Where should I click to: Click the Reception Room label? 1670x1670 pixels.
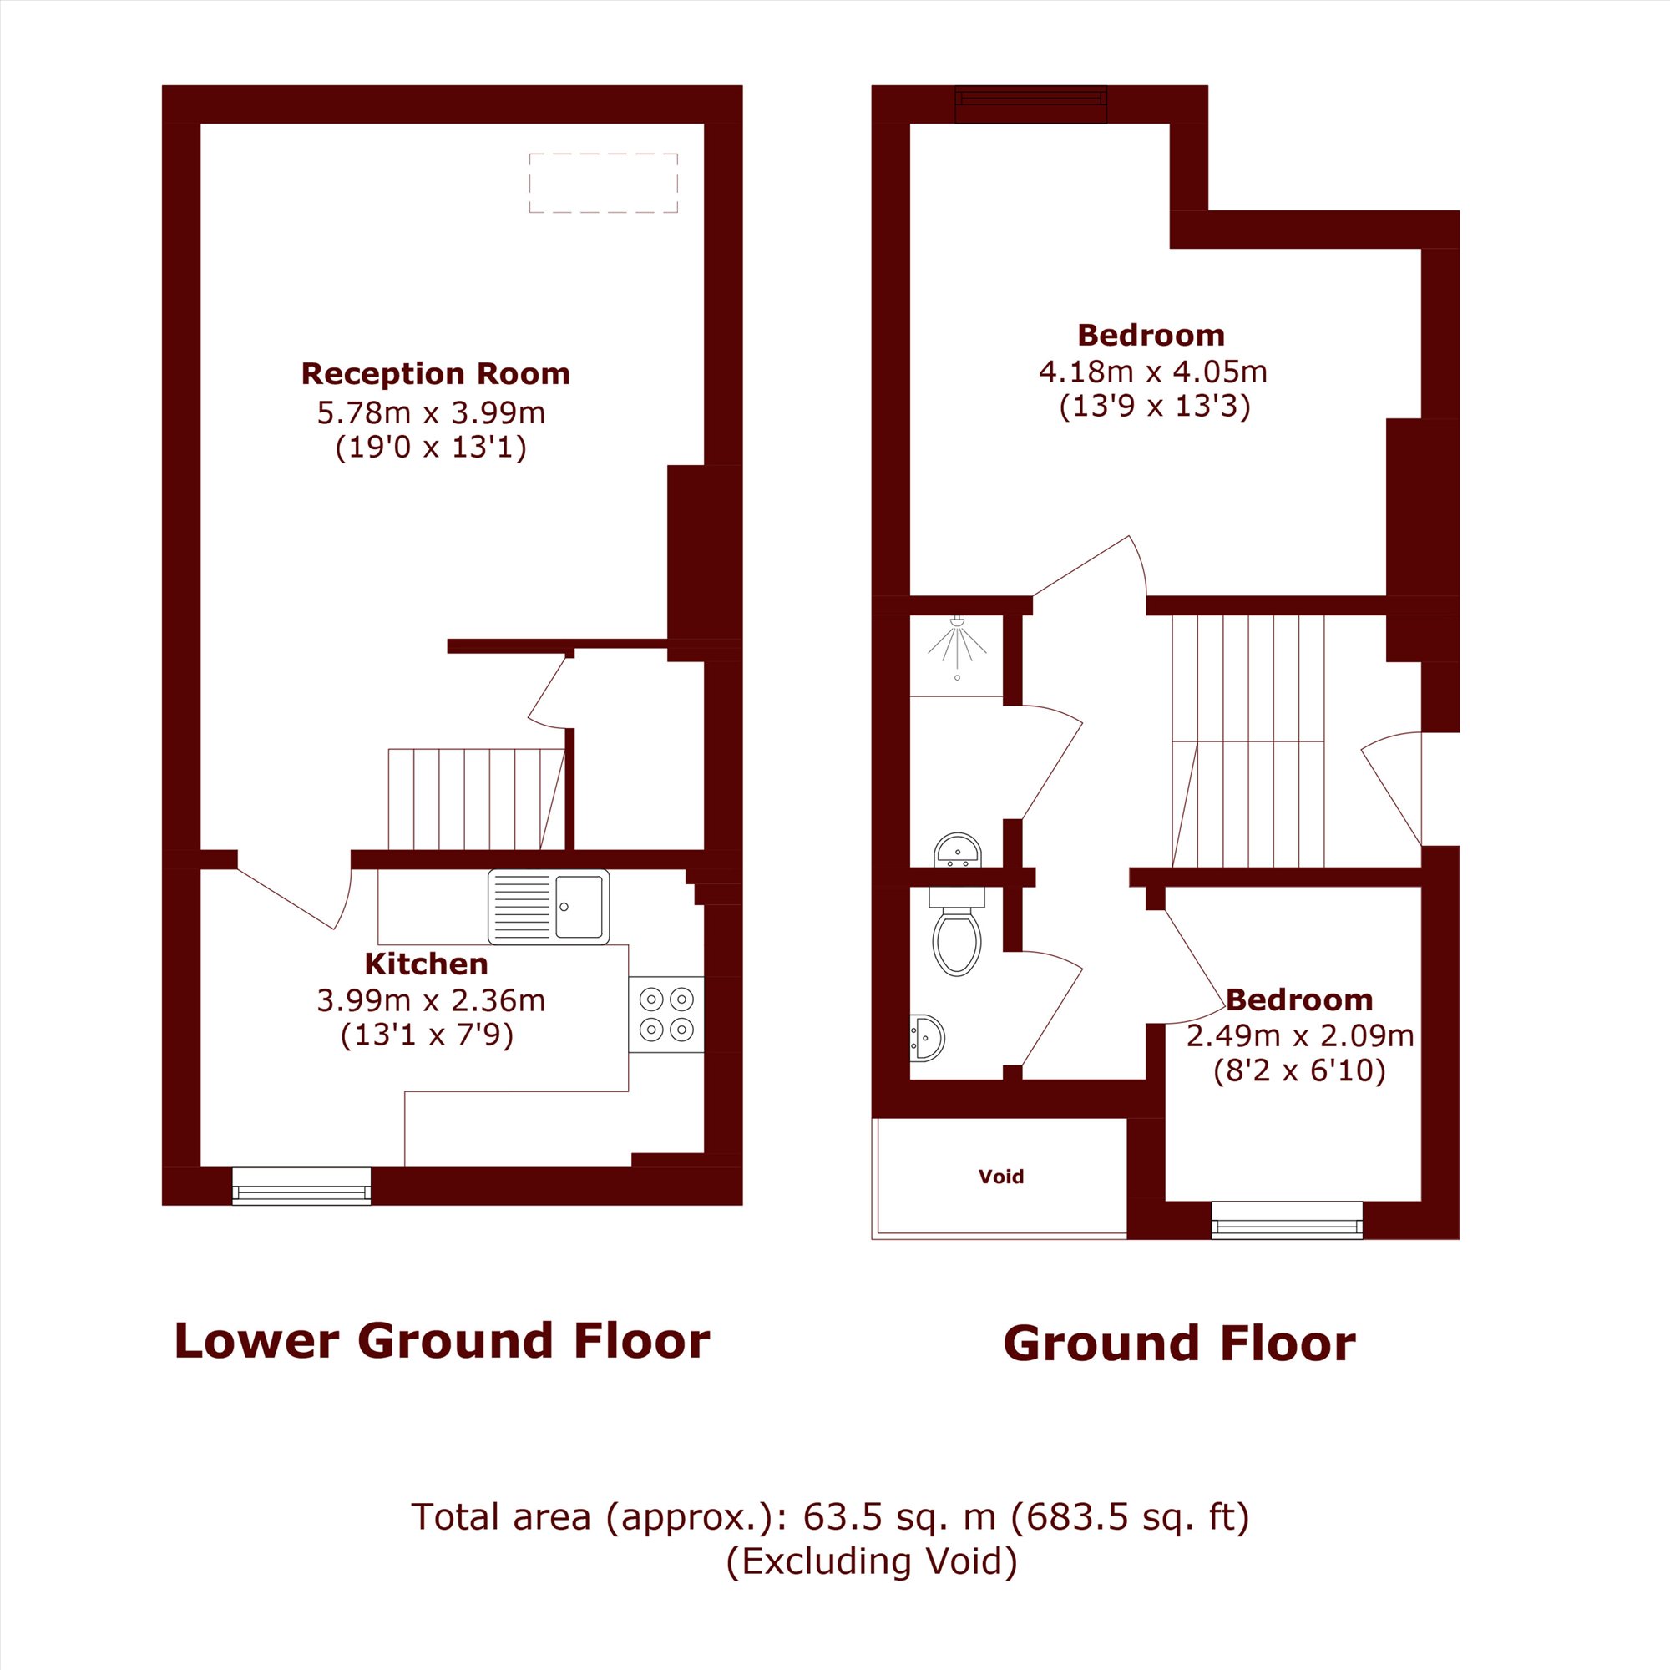tap(436, 373)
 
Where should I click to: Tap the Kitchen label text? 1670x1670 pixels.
tap(426, 963)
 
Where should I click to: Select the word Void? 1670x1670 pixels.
tap(1001, 1176)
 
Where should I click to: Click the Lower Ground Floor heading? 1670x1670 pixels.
tap(442, 1341)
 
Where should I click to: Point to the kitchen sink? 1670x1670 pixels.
tap(548, 906)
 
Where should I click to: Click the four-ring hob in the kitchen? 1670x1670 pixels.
tap(665, 1014)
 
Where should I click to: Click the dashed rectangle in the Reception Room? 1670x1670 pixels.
tap(604, 182)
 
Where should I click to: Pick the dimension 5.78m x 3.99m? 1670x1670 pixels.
tap(432, 412)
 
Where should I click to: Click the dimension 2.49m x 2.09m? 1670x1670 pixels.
tap(1299, 1035)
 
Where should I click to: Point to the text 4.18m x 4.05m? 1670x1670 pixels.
tap(1153, 372)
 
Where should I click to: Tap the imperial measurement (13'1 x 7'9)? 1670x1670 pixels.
tap(427, 1034)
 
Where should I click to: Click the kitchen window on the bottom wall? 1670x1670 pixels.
tap(301, 1185)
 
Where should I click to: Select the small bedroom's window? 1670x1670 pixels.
tap(1287, 1220)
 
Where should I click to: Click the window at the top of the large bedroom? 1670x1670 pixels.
tap(1031, 104)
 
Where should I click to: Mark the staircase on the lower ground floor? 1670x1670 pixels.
tap(477, 800)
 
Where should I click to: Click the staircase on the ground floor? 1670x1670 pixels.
tap(1248, 741)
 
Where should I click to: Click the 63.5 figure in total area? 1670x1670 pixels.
tap(836, 1516)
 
